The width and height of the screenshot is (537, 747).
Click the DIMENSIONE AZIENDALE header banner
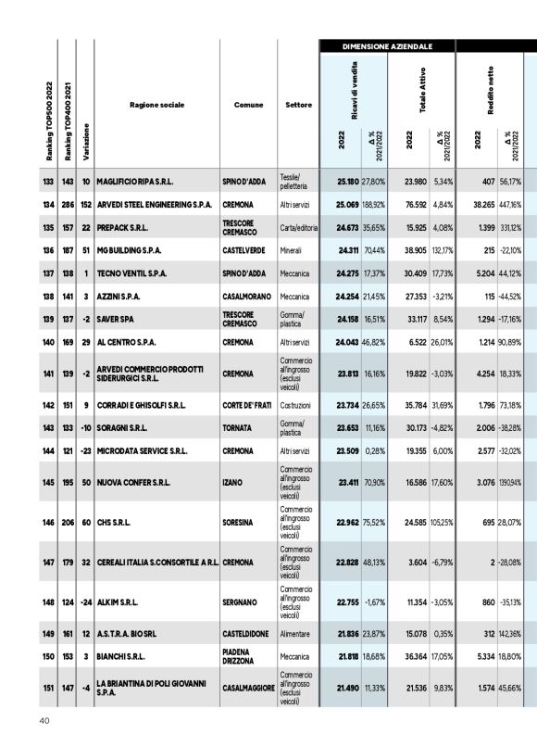click(x=386, y=45)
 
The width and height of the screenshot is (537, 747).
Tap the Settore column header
click(x=298, y=105)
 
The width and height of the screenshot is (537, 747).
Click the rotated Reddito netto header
click(x=490, y=85)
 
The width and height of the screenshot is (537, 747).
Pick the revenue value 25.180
click(x=347, y=182)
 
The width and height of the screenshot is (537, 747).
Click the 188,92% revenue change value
click(x=373, y=204)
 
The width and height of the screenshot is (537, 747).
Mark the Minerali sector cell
click(x=293, y=250)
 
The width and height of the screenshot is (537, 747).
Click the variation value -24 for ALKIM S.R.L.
click(x=85, y=601)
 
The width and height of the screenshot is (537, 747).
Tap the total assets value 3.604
click(x=416, y=562)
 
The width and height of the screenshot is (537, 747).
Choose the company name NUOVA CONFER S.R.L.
click(x=142, y=482)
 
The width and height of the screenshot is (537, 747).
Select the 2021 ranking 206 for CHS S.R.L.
click(x=66, y=522)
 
